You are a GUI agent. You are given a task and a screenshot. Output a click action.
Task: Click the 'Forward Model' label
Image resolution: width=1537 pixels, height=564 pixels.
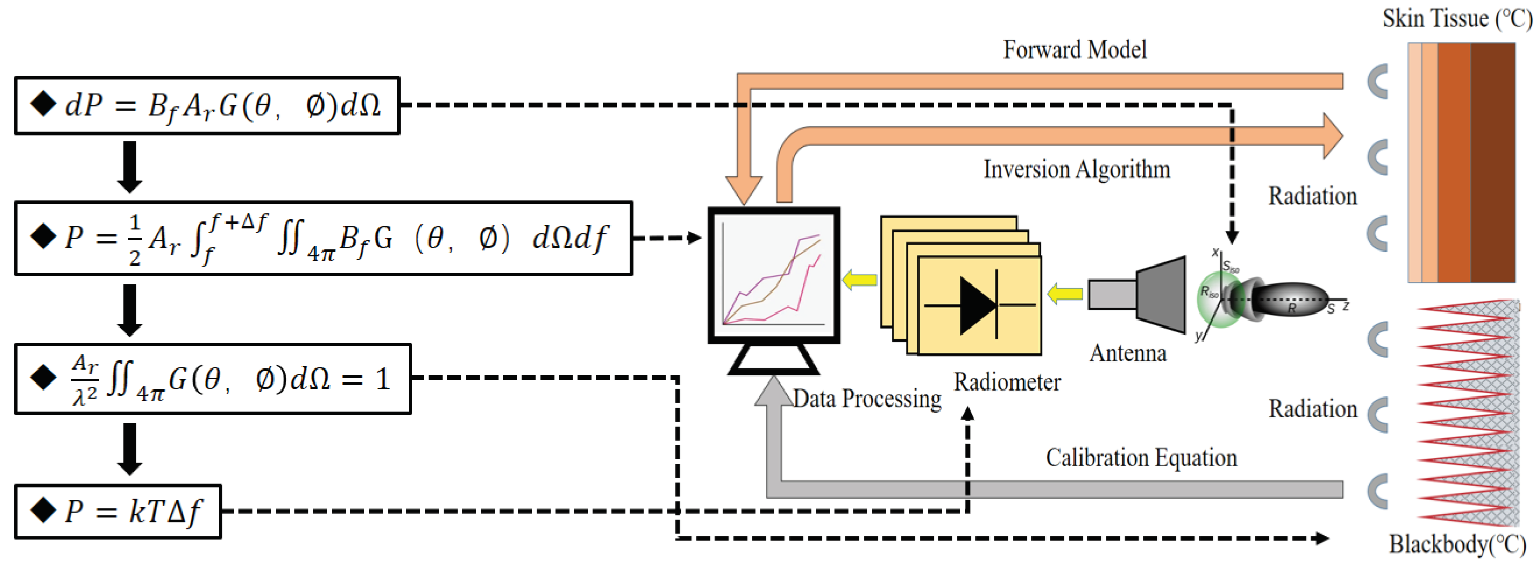(1074, 50)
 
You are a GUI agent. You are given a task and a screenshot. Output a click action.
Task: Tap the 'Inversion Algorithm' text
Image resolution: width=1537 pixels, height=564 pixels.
(1076, 170)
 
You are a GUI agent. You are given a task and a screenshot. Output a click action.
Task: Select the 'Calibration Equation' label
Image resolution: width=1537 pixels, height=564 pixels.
(1140, 457)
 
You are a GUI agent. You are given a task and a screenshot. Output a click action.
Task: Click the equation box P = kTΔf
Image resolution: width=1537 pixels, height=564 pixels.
(118, 512)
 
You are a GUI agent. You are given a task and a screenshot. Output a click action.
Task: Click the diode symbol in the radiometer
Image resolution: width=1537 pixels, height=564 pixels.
(979, 305)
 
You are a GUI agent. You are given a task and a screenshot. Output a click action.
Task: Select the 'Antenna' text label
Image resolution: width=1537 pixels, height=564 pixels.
(1127, 353)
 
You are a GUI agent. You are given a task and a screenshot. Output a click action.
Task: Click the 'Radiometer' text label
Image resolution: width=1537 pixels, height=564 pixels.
(1007, 382)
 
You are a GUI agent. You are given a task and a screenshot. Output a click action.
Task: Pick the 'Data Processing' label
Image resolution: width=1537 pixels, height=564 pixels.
(866, 399)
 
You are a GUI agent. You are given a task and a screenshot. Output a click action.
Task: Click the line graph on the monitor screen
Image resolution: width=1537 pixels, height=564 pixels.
(773, 278)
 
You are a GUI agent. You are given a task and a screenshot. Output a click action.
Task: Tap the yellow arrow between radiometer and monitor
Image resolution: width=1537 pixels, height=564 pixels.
(859, 280)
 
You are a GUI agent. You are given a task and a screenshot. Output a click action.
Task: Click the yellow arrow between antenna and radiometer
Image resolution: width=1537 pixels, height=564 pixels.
(1064, 293)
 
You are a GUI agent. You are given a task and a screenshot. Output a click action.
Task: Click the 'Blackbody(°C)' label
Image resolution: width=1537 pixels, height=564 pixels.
(1456, 544)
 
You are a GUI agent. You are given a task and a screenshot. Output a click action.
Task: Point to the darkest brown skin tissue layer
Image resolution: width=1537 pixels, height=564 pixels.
(1492, 162)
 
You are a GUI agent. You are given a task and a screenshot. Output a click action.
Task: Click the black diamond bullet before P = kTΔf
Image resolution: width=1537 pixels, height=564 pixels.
(43, 510)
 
